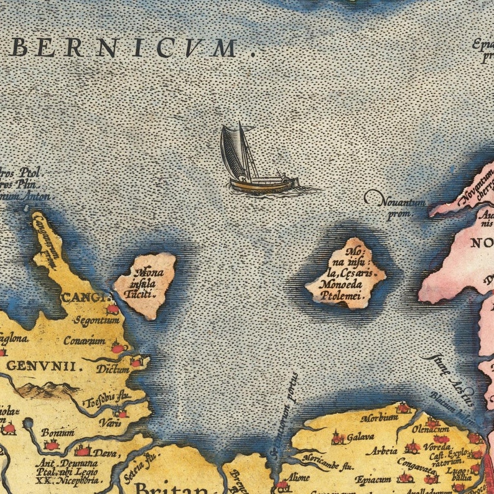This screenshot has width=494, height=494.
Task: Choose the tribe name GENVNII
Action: (44, 366)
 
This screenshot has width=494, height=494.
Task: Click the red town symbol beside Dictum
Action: (136, 361)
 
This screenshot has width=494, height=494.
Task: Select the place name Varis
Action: (108, 422)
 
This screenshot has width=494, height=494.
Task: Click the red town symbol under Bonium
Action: (51, 445)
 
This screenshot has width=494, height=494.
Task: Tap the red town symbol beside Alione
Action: (282, 484)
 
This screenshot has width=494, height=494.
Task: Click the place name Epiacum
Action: (373, 480)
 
